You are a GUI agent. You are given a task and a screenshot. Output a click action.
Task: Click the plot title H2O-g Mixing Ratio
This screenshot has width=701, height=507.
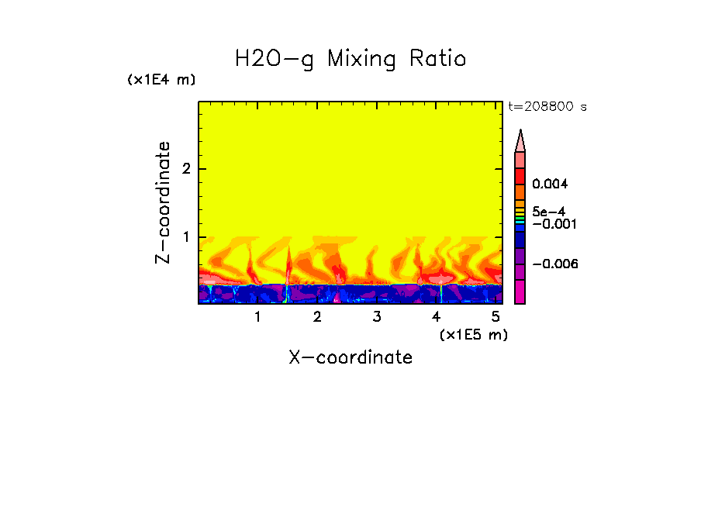pos(350,59)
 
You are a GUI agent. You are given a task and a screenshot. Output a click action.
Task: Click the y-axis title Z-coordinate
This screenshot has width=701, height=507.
pos(163,202)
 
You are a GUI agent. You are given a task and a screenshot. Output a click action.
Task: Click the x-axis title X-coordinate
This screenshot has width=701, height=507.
pos(350,357)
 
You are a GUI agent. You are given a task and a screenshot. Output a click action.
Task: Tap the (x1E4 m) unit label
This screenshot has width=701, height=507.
pos(161,80)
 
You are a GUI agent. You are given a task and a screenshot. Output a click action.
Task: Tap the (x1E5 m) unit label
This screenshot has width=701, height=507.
pos(473,334)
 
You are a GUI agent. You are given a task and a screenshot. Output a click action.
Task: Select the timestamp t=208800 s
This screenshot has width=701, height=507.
pos(547,107)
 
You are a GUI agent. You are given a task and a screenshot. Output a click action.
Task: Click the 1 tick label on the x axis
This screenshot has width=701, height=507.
pos(257,317)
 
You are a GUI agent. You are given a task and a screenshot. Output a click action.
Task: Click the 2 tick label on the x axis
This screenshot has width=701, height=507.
pos(317,317)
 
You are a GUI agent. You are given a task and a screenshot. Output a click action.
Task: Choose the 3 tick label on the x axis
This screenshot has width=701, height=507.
pos(377,317)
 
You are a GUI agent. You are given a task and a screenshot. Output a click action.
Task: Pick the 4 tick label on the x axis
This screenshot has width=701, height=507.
pos(436,317)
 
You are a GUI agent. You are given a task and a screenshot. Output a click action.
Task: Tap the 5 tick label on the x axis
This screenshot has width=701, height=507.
pos(496,317)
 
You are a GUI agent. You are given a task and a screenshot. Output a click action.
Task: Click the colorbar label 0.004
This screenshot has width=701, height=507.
pos(550,185)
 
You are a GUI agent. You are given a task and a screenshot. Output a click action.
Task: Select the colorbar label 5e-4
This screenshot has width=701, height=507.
pos(548,211)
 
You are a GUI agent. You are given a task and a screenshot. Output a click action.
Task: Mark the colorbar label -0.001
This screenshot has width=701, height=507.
pos(551,224)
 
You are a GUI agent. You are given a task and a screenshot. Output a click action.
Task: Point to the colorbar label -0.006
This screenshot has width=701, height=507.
pos(555,264)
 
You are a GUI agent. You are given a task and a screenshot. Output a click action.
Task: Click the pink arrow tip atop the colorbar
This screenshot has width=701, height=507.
pos(520,140)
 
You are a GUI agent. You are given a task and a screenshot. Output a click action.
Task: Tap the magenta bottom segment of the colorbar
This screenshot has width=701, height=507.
pos(520,292)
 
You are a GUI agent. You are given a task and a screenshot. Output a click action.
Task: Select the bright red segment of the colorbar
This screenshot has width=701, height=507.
pos(520,175)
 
